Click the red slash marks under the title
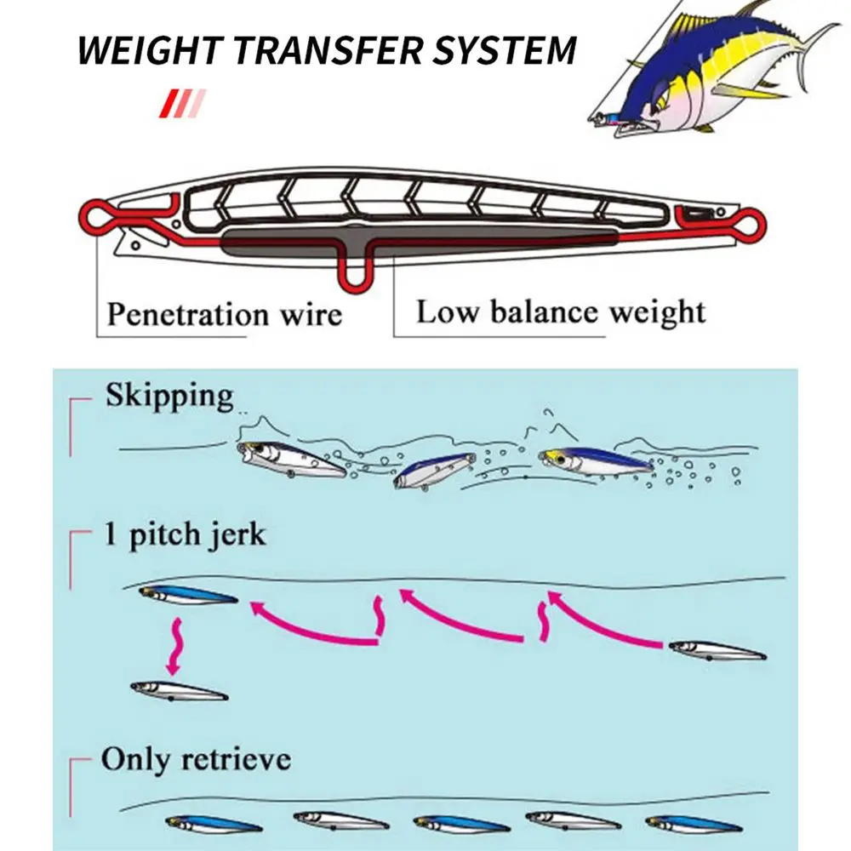[182, 103]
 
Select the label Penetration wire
[225, 314]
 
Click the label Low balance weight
[561, 311]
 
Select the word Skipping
[169, 396]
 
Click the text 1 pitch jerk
[185, 535]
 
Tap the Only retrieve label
[196, 759]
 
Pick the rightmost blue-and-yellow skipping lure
[597, 463]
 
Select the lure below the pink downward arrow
[179, 689]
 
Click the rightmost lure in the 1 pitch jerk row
[717, 651]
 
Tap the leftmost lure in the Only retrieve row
[214, 823]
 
